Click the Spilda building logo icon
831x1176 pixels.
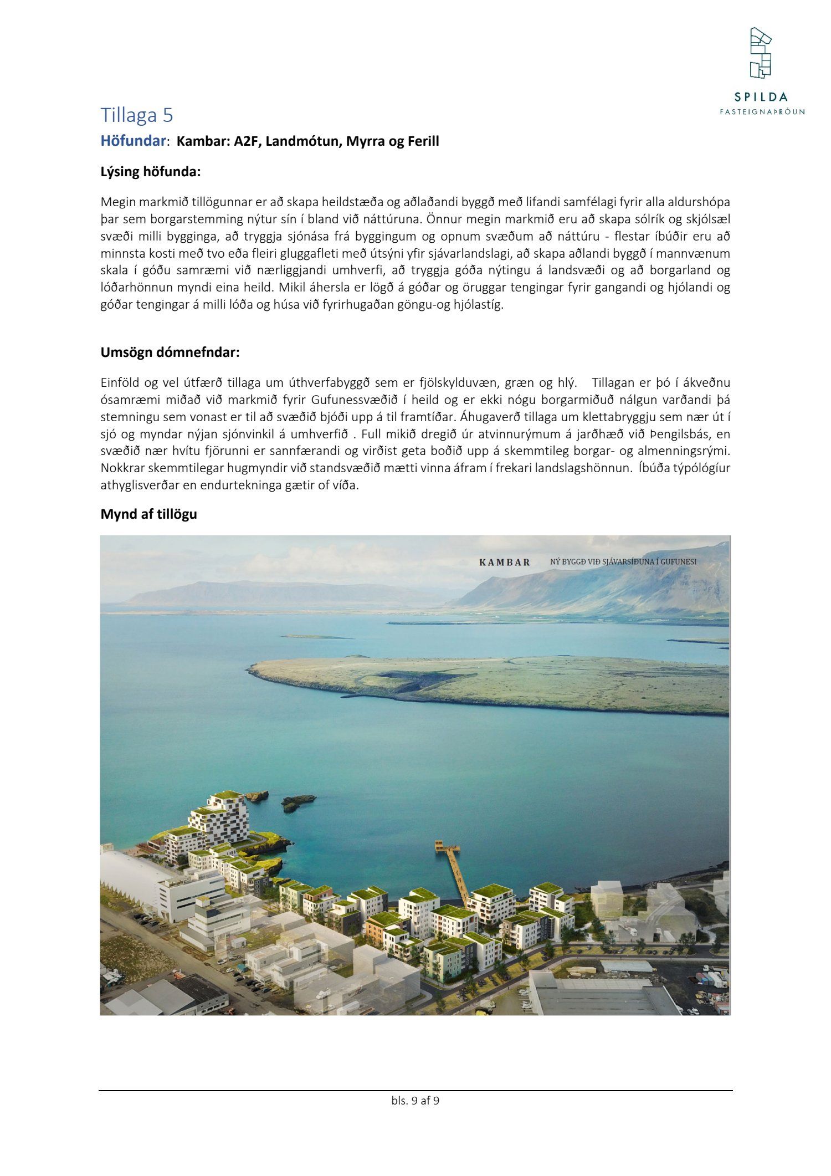(x=761, y=53)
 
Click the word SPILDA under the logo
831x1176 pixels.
(x=761, y=97)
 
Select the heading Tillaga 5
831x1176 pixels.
(x=137, y=115)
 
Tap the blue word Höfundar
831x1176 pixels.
(x=134, y=141)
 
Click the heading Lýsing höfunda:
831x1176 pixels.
(x=150, y=172)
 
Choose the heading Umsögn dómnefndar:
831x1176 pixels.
(x=170, y=352)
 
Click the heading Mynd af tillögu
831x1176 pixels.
(x=148, y=514)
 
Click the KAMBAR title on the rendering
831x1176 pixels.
(x=504, y=562)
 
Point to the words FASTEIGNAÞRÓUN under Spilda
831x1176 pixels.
(x=762, y=111)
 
